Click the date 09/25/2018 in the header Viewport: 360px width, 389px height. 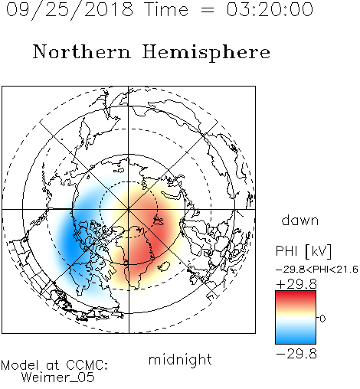coord(70,10)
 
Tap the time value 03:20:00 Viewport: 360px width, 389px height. coord(270,10)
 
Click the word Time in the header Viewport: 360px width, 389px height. coord(166,10)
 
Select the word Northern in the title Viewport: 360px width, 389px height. coord(82,51)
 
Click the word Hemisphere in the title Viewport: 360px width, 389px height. coord(206,53)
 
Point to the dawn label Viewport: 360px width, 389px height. coord(299,220)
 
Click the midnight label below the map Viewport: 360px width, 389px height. coord(180,359)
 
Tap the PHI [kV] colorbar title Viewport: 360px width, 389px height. coord(303,251)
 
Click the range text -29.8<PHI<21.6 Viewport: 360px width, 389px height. coord(317,270)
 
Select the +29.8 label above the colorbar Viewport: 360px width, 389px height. coord(296,284)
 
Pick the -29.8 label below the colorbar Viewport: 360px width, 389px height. coord(296,354)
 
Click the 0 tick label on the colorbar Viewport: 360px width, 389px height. coord(322,319)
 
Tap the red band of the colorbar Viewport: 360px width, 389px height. coord(296,297)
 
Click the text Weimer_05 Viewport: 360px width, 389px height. coord(58,378)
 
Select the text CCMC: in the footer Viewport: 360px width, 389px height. coord(87,365)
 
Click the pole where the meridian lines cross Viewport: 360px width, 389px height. coord(129,209)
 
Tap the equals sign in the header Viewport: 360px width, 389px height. coord(208,11)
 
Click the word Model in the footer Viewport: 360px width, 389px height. coord(20,365)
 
